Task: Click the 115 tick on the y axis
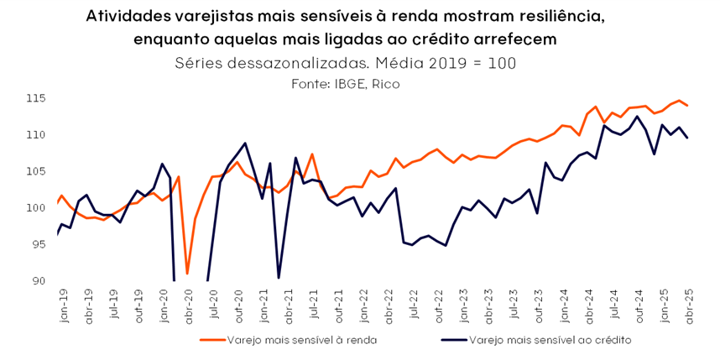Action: (36, 98)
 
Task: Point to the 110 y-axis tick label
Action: (36, 135)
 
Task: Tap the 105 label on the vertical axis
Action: (36, 171)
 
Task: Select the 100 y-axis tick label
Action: (36, 208)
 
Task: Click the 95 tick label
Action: (39, 244)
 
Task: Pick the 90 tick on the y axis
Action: (39, 281)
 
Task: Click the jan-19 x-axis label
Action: (61, 307)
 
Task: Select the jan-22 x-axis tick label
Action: (363, 307)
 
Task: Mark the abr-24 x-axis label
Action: (587, 307)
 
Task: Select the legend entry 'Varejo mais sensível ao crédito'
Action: (550, 340)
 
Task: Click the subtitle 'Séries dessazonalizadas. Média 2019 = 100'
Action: (345, 63)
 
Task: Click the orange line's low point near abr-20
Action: (187, 274)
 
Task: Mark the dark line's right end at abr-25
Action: (688, 138)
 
